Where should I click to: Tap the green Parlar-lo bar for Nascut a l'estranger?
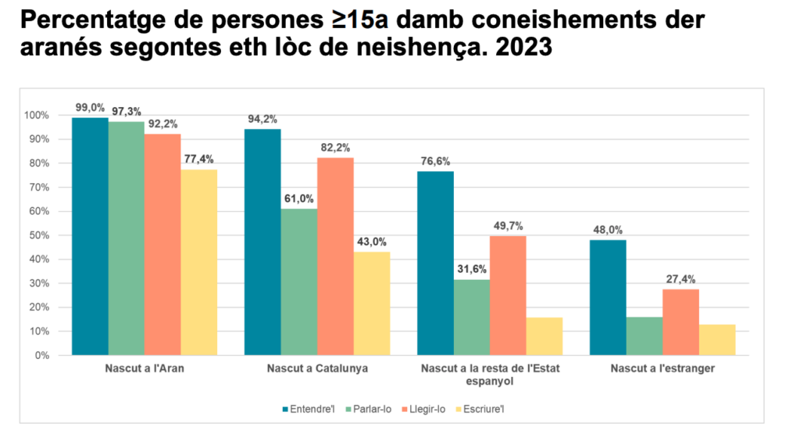click(645, 336)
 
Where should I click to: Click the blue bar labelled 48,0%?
click(608, 297)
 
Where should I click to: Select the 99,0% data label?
click(90, 108)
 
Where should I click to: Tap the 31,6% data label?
click(472, 270)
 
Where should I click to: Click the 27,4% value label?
click(680, 279)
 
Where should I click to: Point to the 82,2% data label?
click(335, 148)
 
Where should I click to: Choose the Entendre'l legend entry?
click(307, 409)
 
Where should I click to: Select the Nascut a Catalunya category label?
click(317, 368)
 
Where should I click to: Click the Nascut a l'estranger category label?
click(662, 368)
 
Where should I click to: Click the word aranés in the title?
click(59, 48)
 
